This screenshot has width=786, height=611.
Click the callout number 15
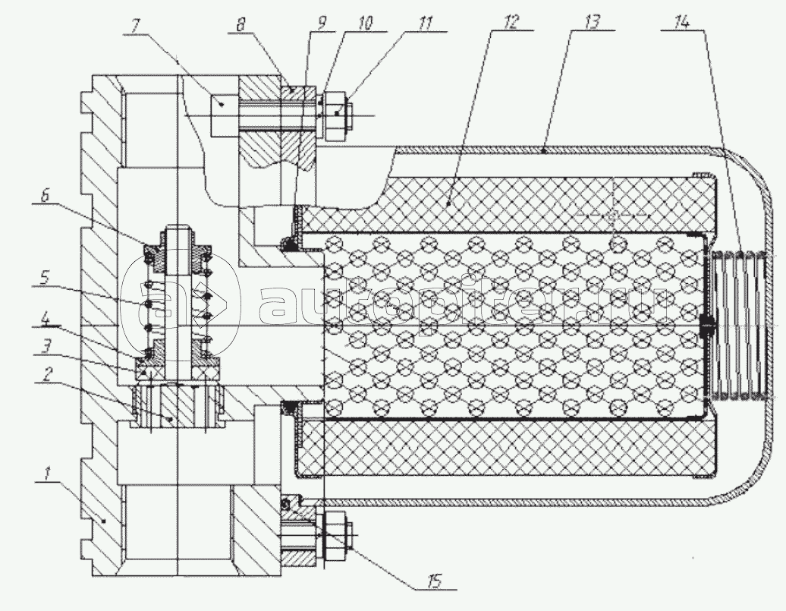[433, 583]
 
